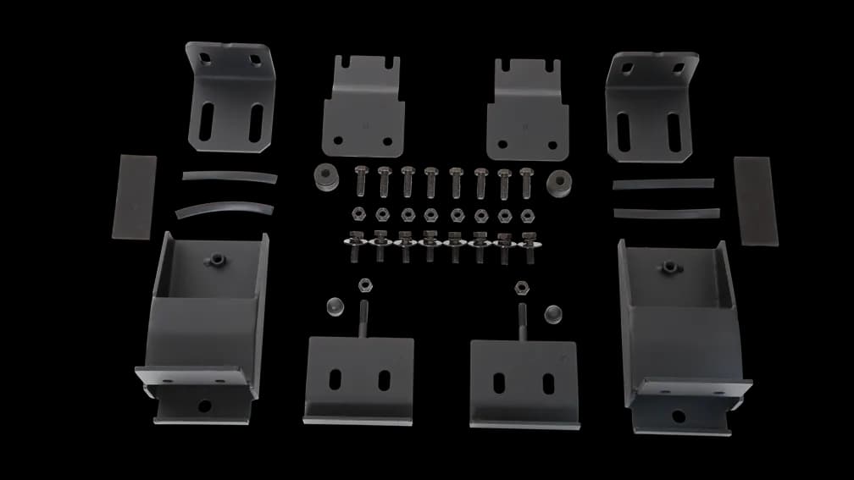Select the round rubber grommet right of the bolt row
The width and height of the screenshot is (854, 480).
point(557,184)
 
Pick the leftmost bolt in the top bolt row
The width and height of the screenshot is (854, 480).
point(358,179)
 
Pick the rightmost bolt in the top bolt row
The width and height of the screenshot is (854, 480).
point(527,179)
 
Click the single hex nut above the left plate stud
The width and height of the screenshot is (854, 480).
point(365,284)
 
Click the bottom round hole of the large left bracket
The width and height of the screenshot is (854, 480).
point(204,405)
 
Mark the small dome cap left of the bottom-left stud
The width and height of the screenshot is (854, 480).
point(332,306)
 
